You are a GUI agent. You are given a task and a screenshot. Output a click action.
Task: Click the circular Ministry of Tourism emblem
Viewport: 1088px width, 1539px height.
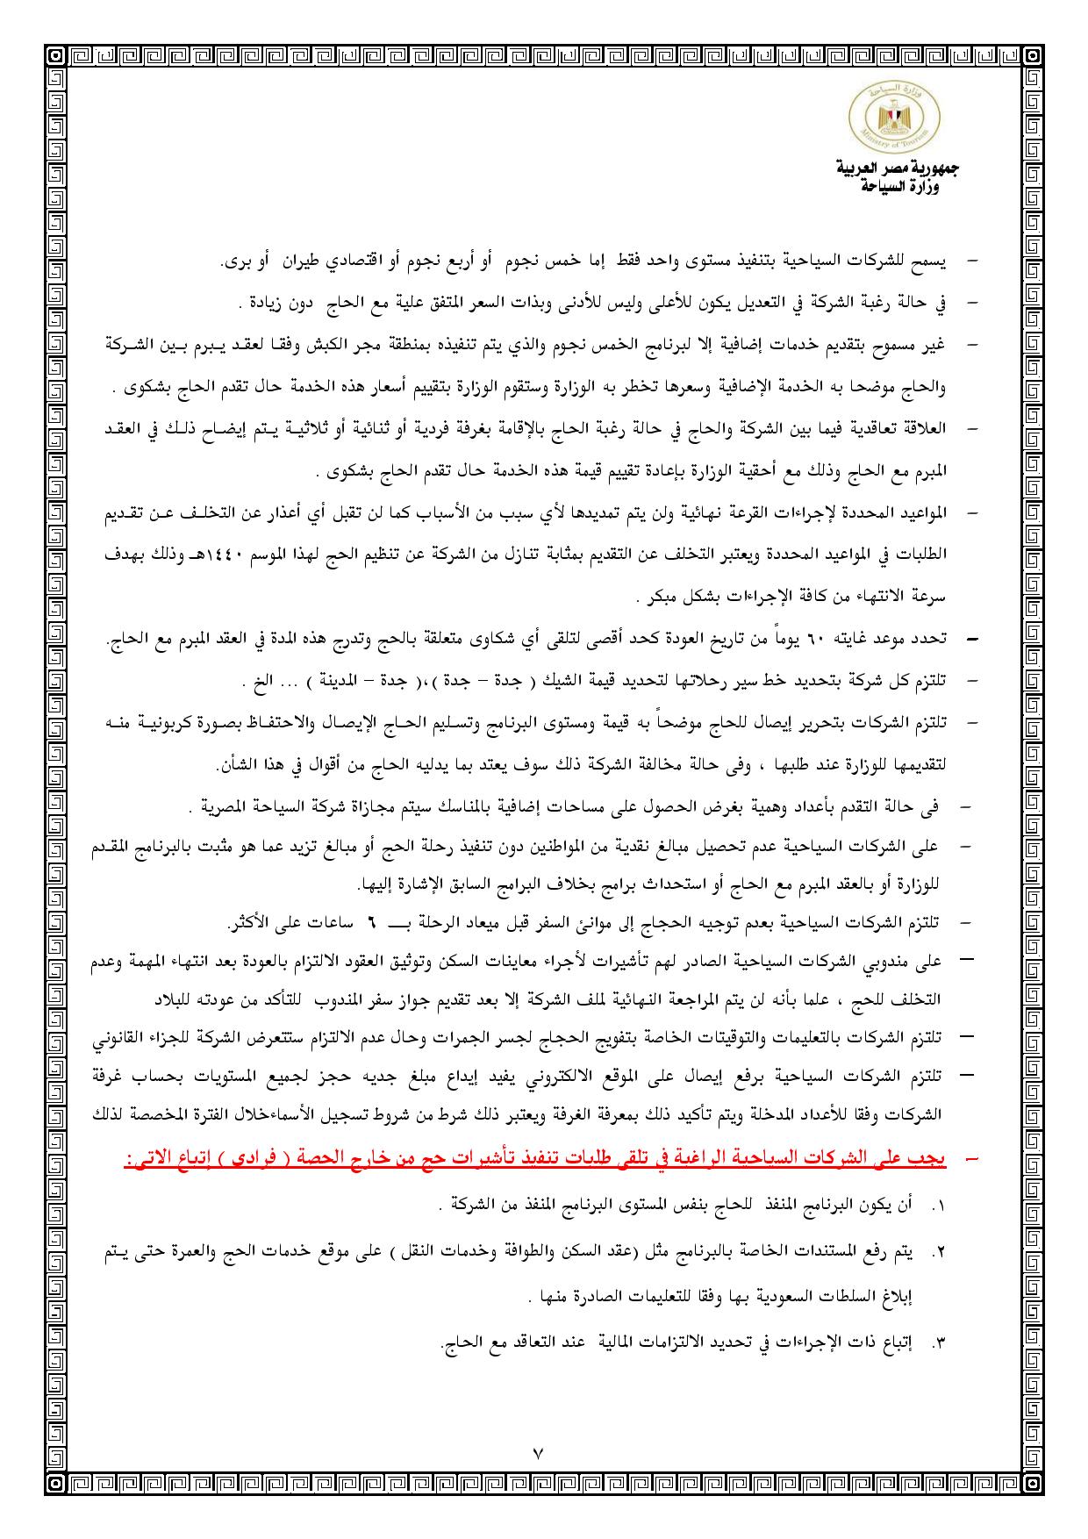point(897,117)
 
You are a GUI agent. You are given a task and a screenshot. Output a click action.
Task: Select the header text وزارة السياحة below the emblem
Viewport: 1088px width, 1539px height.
point(898,186)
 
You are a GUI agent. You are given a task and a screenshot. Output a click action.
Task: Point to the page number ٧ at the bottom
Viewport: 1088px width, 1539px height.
point(539,1453)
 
